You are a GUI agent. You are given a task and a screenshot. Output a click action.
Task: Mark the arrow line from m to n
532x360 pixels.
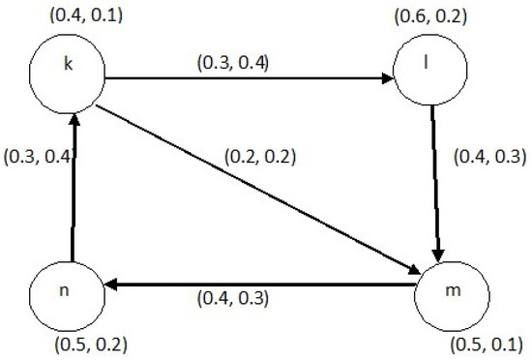(x=261, y=285)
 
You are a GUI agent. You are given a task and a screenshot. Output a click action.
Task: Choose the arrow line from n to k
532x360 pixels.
(x=73, y=184)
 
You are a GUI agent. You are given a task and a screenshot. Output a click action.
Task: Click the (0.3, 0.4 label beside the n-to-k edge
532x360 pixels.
(x=36, y=156)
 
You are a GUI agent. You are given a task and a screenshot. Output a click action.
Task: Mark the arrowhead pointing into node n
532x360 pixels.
(x=112, y=285)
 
